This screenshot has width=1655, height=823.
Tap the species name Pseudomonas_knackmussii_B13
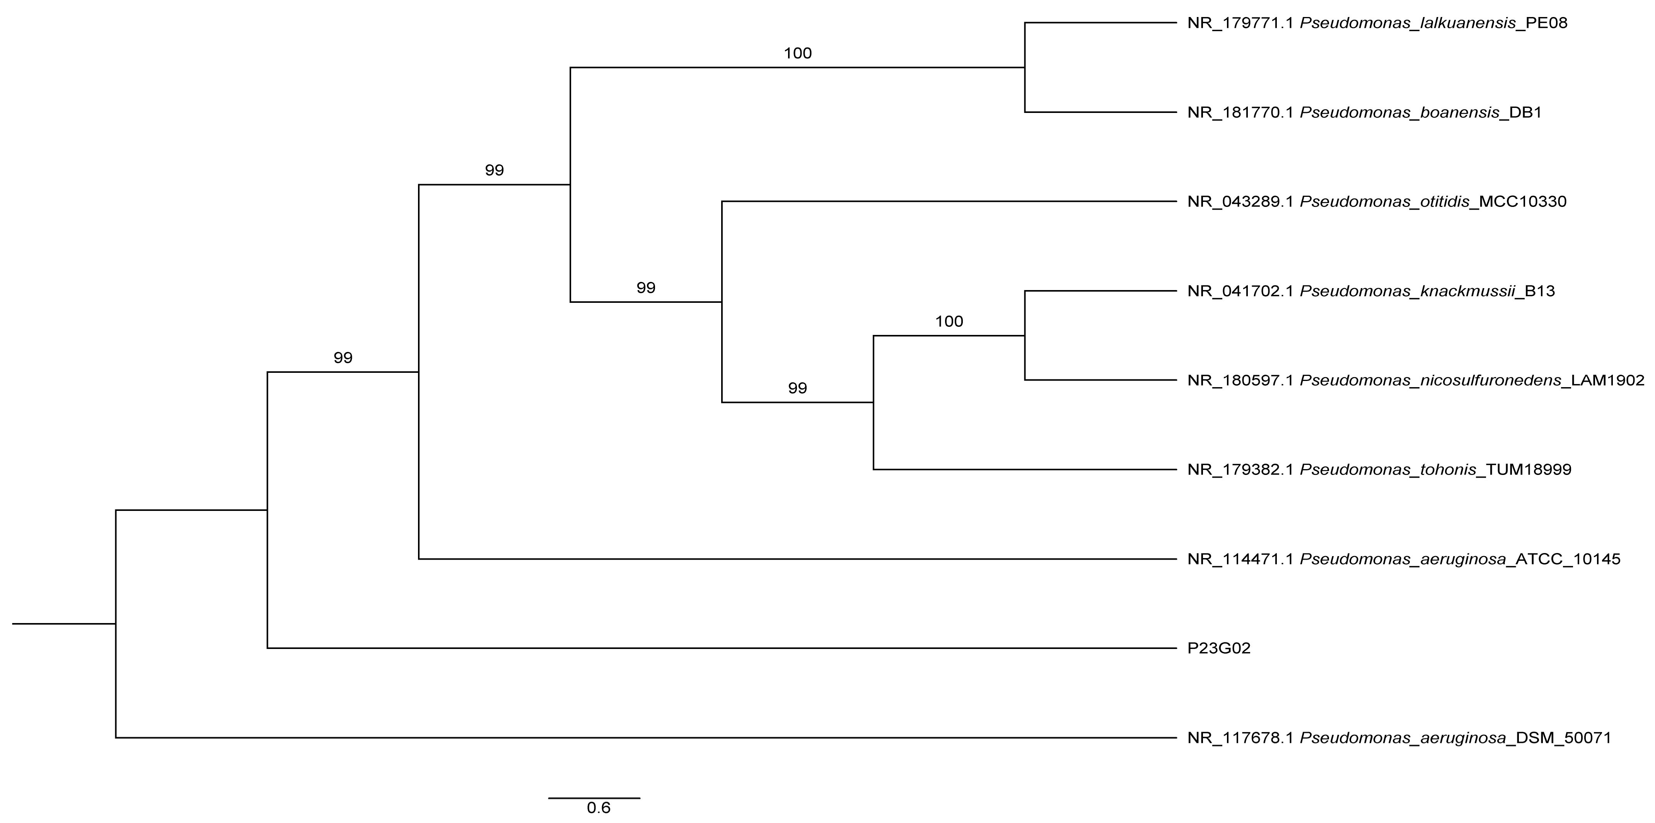click(x=1427, y=292)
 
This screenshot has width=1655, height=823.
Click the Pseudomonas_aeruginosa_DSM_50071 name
click(x=1455, y=738)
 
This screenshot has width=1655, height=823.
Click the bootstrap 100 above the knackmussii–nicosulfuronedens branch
click(x=949, y=322)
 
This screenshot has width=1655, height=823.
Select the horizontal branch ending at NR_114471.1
click(x=797, y=559)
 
